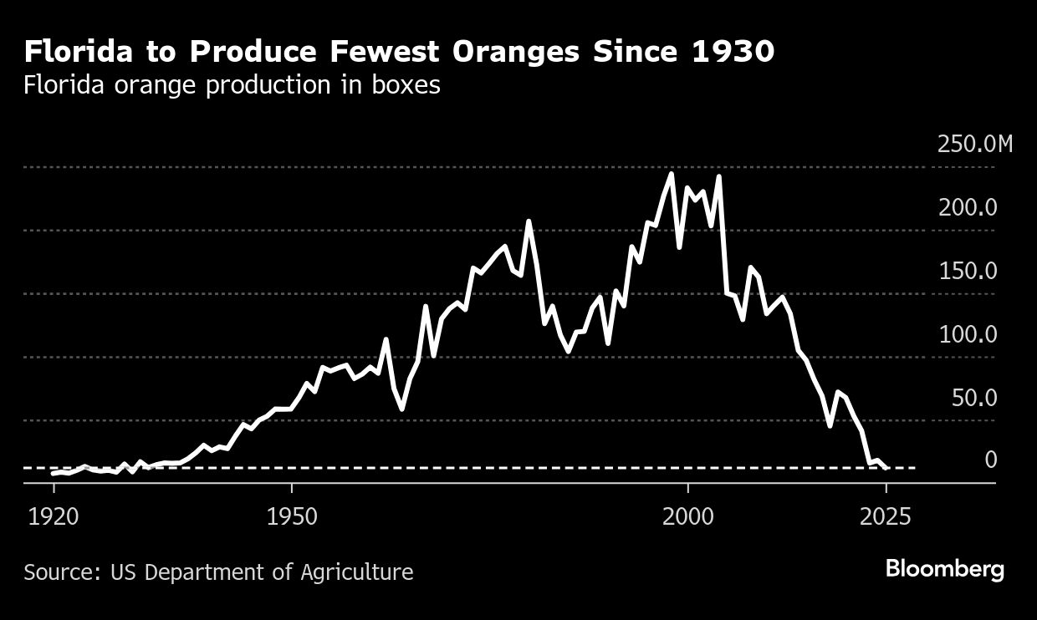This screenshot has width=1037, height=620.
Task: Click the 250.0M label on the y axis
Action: pos(975,144)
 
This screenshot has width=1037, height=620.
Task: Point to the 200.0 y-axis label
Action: pos(968,207)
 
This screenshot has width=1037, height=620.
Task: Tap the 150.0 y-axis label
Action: pos(968,271)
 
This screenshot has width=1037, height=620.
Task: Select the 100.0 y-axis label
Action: pos(968,334)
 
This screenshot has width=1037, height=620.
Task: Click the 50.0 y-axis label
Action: pos(974,398)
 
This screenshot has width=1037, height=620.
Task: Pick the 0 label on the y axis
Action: pos(991,460)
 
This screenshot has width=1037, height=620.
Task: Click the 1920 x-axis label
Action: pos(54,516)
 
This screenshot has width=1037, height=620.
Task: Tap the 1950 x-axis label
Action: pos(292,516)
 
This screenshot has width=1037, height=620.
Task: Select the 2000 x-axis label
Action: pos(688,516)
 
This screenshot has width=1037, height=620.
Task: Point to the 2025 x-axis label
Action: pos(886,516)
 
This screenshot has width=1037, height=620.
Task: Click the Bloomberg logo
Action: pos(945,570)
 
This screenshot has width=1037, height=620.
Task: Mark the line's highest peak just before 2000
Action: pos(672,174)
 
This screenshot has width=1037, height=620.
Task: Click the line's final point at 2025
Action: pos(886,469)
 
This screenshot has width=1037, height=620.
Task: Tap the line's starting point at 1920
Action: pos(53,474)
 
